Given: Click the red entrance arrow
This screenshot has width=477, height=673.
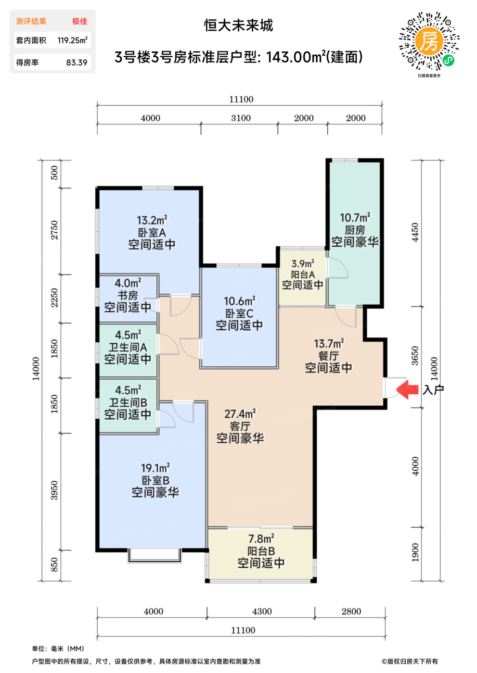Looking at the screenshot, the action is tap(408, 390).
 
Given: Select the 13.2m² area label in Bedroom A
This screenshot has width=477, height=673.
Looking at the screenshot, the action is tap(152, 220).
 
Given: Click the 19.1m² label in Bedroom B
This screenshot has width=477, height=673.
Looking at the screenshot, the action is tap(155, 468).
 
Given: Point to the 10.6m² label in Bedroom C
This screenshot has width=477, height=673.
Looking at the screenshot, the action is tap(240, 301).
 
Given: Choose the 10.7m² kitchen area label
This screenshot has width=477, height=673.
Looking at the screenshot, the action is tap(355, 217).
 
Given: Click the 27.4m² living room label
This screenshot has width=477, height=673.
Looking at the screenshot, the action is tap(240, 414).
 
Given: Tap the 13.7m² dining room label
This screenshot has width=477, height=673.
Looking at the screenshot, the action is tap(329, 343).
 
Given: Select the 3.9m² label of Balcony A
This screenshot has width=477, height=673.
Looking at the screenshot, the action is tap(303, 263).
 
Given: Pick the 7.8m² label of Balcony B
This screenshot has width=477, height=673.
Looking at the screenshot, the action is tap(261, 539).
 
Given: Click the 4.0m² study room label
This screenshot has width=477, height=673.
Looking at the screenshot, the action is tap(128, 283).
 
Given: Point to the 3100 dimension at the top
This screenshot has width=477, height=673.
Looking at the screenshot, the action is tap(241, 118).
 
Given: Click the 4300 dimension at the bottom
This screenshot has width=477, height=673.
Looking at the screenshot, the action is tap(262, 611).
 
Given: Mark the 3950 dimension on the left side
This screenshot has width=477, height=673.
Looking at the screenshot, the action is tap(54, 490).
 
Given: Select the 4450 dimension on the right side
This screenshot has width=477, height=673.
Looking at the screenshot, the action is tap(415, 232).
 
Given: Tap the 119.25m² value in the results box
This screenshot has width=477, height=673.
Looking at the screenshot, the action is tap(73, 40).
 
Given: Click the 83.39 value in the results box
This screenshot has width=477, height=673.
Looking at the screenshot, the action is tap(77, 62).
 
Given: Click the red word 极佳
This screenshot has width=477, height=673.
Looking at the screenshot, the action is tap(80, 21).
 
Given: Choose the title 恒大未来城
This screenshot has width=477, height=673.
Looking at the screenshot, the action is tap(239, 25).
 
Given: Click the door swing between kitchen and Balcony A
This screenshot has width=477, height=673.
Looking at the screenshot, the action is tap(338, 268).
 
